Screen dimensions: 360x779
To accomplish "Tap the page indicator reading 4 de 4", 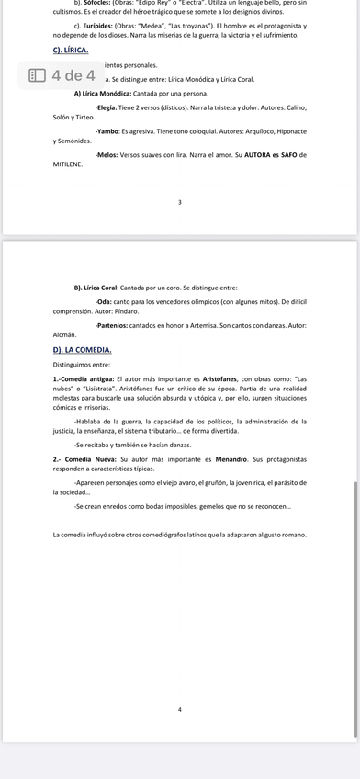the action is [x=73, y=76].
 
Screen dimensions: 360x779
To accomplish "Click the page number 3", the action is [x=180, y=202].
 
